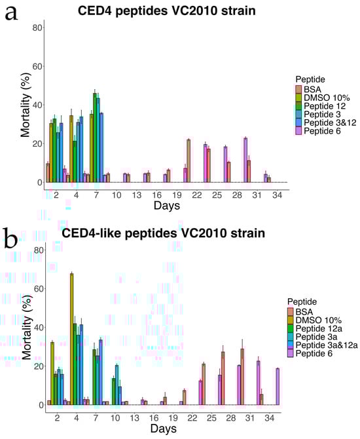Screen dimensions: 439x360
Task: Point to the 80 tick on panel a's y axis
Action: [37, 28]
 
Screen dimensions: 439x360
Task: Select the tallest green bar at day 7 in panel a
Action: [95, 138]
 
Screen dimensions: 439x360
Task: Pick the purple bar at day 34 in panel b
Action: [278, 387]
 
